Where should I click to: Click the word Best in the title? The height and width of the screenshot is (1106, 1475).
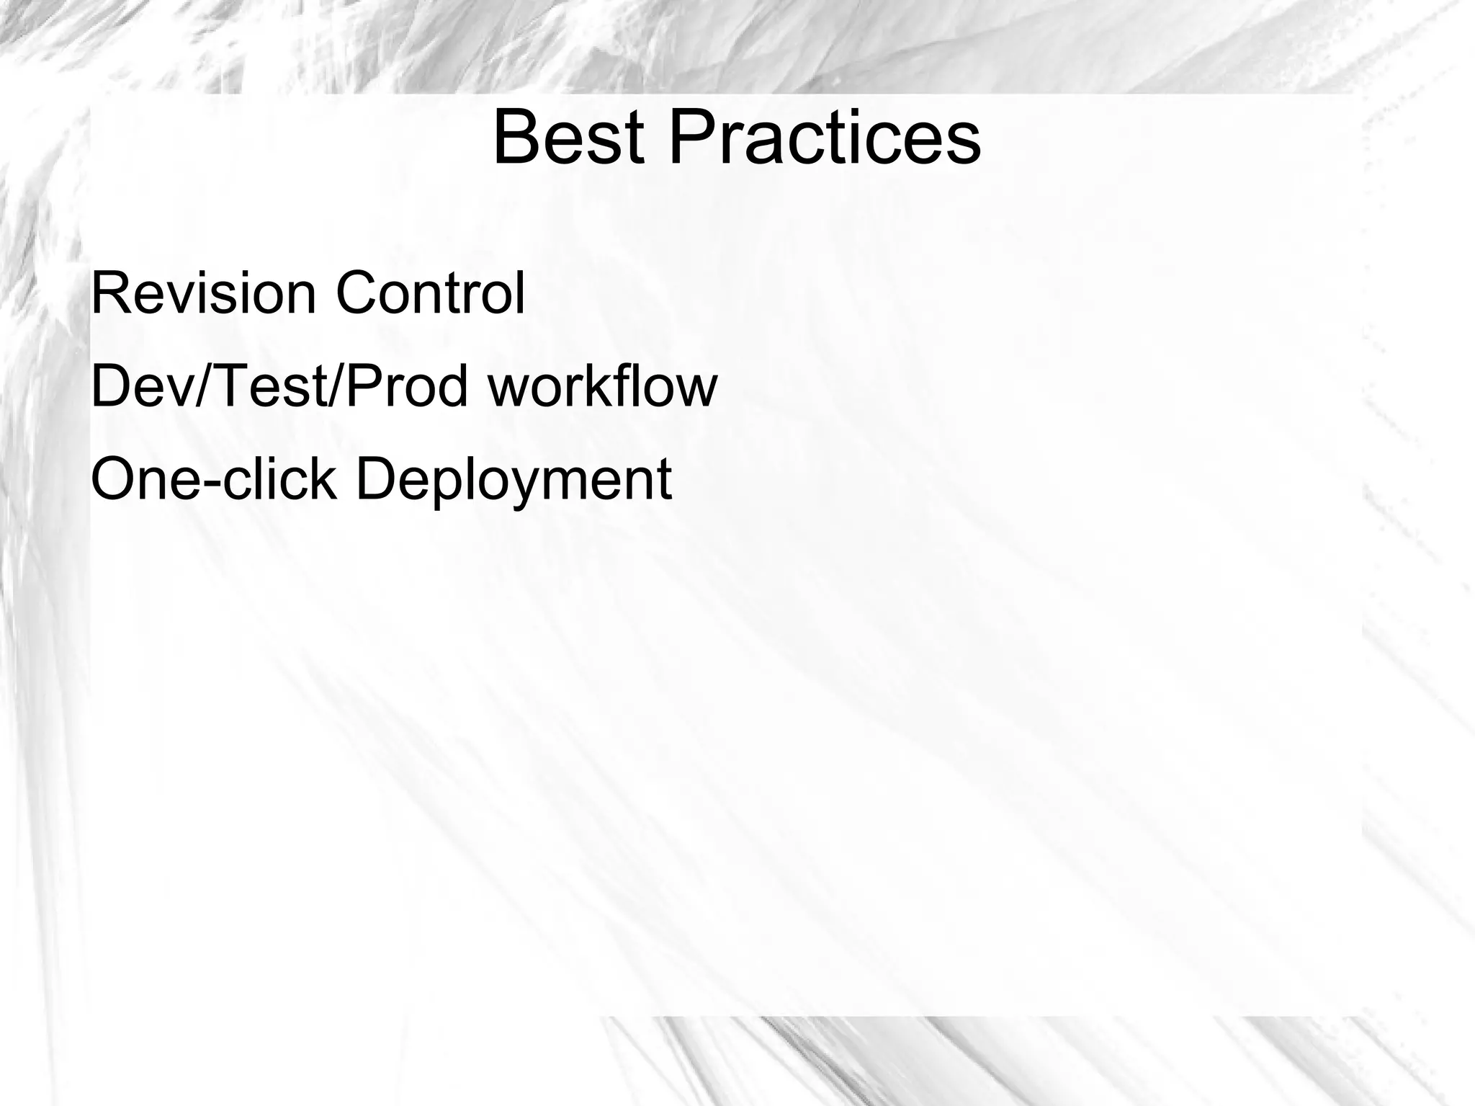click(568, 137)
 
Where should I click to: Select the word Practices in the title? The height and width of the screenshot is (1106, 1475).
click(825, 137)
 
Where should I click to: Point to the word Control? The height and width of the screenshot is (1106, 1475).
click(430, 293)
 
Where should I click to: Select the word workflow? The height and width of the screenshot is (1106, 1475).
click(602, 386)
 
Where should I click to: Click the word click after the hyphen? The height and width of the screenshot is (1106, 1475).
click(279, 479)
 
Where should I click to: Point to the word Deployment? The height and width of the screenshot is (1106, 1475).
click(514, 481)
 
